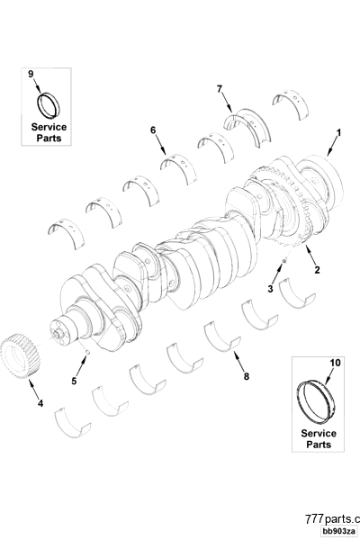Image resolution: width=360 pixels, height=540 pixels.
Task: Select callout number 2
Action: click(x=316, y=268)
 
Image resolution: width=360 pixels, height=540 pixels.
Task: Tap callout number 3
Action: click(x=269, y=288)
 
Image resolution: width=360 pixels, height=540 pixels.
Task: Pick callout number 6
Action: click(x=153, y=130)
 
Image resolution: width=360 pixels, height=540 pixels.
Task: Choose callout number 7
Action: click(x=219, y=88)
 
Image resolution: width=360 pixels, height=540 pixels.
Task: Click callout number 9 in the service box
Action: click(x=31, y=73)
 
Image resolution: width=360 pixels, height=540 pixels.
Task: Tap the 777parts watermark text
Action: click(x=332, y=519)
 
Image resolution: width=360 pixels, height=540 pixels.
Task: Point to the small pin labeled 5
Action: click(x=86, y=353)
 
